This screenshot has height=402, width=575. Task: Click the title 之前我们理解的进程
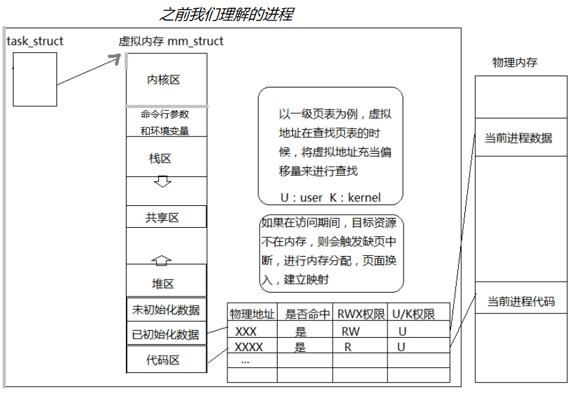[x=226, y=14]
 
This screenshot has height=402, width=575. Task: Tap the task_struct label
[x=35, y=42]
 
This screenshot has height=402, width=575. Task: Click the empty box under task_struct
[x=35, y=79]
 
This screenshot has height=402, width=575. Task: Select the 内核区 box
[x=166, y=80]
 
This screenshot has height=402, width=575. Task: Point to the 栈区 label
[x=161, y=159]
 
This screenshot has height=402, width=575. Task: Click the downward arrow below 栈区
[x=163, y=181]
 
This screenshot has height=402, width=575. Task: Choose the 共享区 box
[x=166, y=217]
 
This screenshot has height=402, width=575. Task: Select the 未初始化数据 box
[x=166, y=309]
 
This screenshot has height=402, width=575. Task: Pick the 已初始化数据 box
[x=166, y=334]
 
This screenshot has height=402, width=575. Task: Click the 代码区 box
[x=166, y=360]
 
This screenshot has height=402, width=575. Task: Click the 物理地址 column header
[x=252, y=315]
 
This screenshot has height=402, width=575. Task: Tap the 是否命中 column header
[x=308, y=315]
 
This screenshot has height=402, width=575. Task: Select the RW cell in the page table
[x=351, y=332]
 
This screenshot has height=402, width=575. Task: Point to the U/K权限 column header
[x=414, y=315]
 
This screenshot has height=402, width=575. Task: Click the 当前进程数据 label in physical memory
[x=518, y=138]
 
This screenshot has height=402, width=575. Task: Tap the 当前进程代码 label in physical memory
[x=520, y=301]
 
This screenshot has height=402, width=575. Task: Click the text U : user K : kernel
[x=330, y=197]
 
